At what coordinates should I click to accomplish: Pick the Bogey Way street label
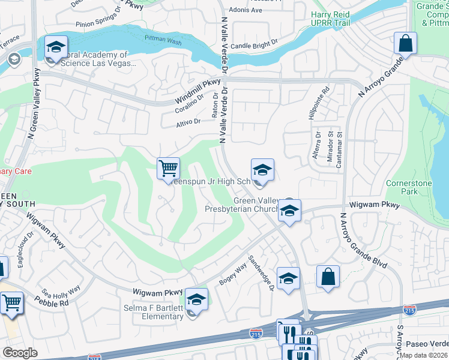pyautogui.click(x=233, y=270)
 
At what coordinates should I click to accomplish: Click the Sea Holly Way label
pyautogui.click(x=61, y=290)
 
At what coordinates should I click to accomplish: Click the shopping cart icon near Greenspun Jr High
pyautogui.click(x=169, y=168)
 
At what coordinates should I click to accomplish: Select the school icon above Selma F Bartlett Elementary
pyautogui.click(x=196, y=298)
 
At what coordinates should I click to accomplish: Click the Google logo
pyautogui.click(x=20, y=353)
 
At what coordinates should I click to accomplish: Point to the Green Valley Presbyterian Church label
pyautogui.click(x=241, y=205)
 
